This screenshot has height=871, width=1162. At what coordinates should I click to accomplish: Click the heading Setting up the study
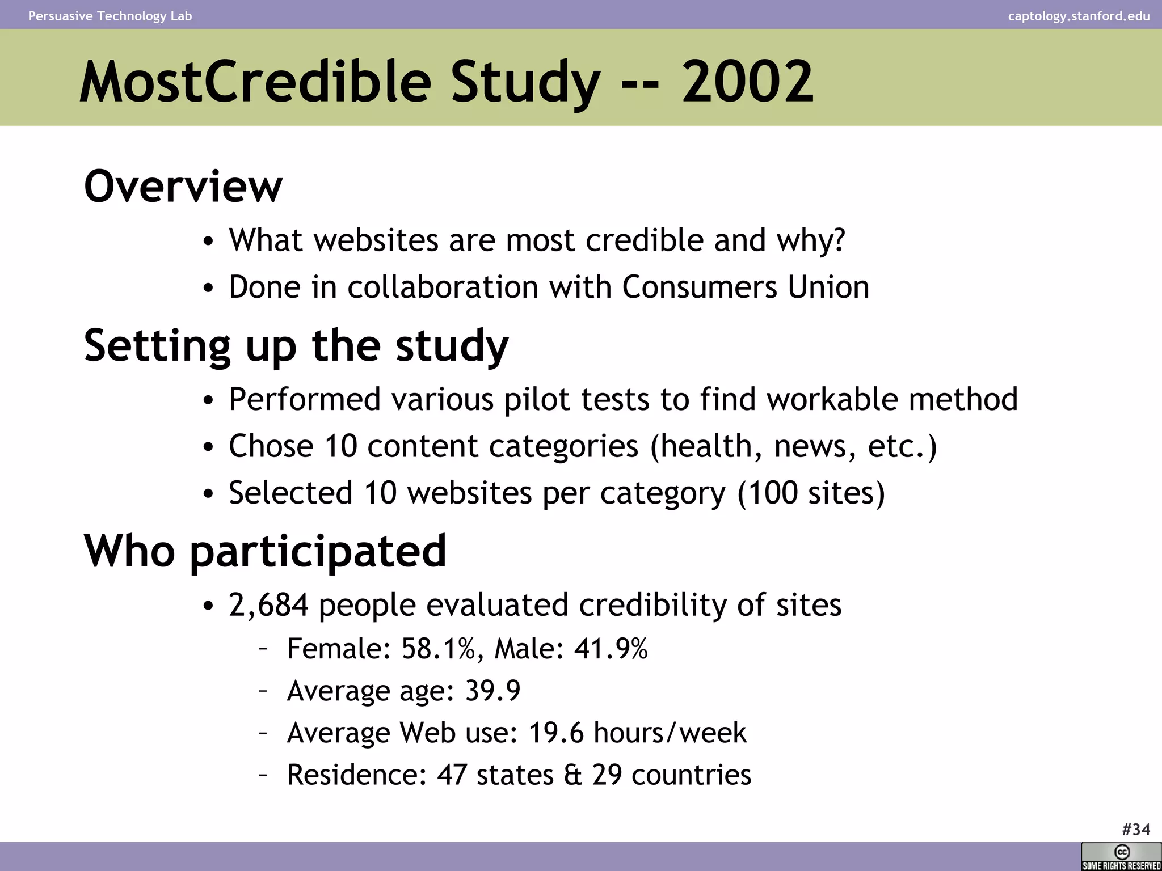coord(296,345)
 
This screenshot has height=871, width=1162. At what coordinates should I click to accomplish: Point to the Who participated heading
coord(265,551)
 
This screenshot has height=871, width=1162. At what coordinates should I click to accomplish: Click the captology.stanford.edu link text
coord(1079,16)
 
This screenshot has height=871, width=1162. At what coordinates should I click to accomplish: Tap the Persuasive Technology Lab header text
coord(110,16)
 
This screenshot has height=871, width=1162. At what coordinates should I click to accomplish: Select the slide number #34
coord(1136,830)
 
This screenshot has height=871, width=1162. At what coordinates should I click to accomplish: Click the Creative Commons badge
coord(1121,856)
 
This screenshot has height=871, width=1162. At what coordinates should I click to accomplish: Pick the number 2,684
coord(268,605)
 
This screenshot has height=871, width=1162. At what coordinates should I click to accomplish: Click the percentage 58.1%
coord(438,649)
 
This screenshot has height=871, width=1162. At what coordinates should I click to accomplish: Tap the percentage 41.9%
coord(611,649)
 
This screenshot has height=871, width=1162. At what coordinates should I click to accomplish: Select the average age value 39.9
coord(492,691)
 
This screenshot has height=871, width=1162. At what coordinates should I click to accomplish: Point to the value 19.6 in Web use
coord(555,733)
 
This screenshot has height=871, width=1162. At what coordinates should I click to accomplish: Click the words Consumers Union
coord(746,287)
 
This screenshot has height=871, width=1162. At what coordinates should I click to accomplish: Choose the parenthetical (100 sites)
coord(811,492)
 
